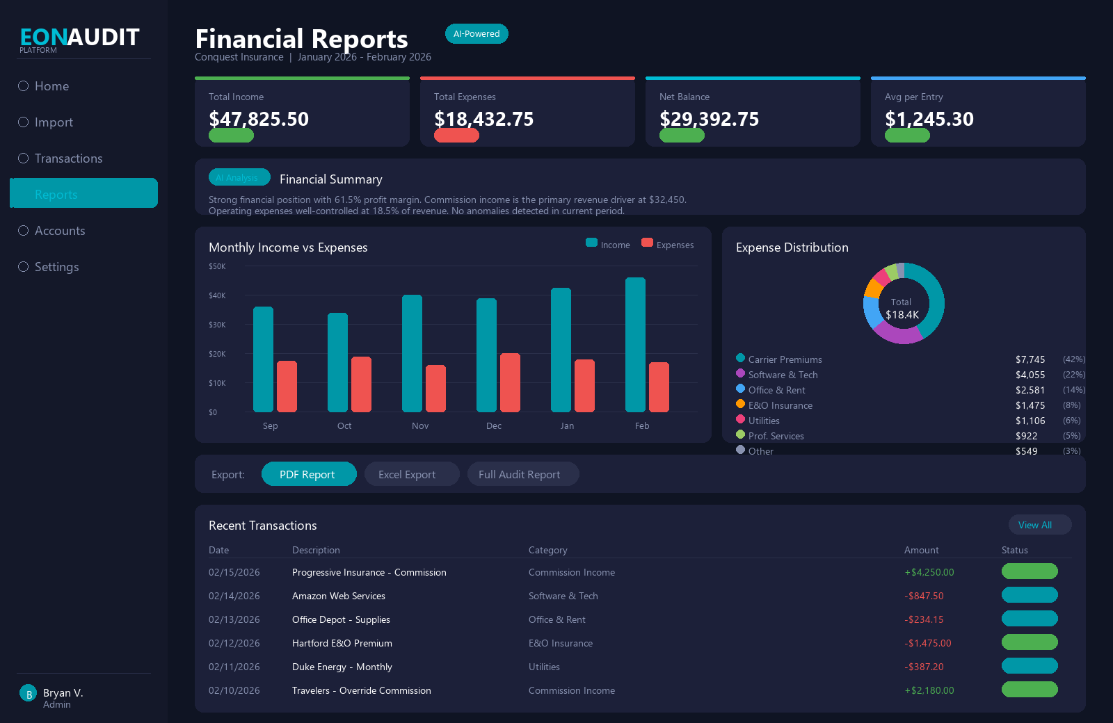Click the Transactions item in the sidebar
(68, 159)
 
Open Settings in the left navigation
(56, 267)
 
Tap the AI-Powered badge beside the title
(477, 34)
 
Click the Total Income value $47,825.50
(259, 119)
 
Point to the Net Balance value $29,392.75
(709, 119)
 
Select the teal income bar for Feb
(635, 345)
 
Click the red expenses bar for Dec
(510, 382)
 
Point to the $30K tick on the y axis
(217, 325)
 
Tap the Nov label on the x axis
(420, 426)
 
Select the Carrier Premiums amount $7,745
(1030, 359)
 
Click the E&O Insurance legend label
(780, 405)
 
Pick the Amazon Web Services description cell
(339, 596)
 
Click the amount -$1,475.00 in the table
(927, 643)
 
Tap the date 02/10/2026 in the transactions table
(234, 690)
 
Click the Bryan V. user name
(63, 692)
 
